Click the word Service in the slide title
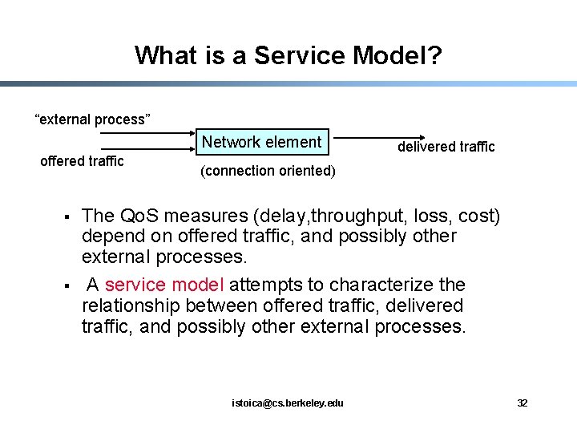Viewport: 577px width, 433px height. [288, 55]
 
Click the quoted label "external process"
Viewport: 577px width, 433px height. [92, 120]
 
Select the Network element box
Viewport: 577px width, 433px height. [262, 143]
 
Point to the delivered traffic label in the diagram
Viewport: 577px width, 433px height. [446, 147]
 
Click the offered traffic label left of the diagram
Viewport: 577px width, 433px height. [82, 161]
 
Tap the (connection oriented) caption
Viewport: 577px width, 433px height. [268, 171]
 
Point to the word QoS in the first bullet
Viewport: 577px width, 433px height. [139, 216]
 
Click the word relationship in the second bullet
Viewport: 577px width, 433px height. [131, 306]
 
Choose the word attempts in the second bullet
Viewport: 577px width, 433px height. [262, 285]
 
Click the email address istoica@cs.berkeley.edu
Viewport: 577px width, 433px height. [288, 403]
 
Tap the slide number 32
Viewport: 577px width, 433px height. [522, 403]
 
